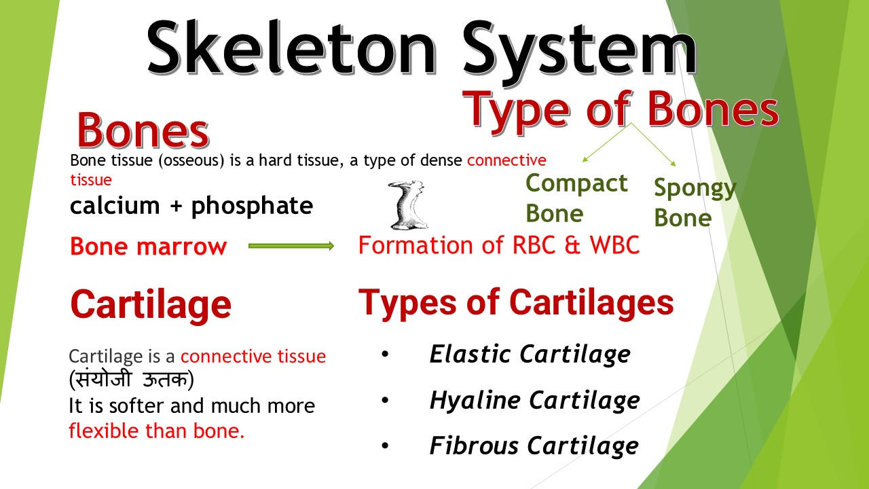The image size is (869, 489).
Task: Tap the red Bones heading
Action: coord(143,130)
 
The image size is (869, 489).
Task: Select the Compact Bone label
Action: coord(576,198)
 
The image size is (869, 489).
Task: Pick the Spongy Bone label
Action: coord(694,202)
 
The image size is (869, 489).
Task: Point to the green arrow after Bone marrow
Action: coord(292,246)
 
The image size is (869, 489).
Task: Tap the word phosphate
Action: coord(252,206)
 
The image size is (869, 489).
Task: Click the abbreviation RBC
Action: coord(527,245)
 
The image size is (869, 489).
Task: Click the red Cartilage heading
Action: coord(151,304)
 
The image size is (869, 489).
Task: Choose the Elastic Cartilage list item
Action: coord(530,354)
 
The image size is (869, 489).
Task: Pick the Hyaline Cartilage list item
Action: coord(534,400)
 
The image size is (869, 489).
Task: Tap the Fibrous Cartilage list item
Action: coord(534,446)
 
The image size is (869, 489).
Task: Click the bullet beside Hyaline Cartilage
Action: coord(386,400)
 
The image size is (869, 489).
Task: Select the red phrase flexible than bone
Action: coord(156,431)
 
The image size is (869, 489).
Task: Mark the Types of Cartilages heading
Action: coord(516,302)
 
